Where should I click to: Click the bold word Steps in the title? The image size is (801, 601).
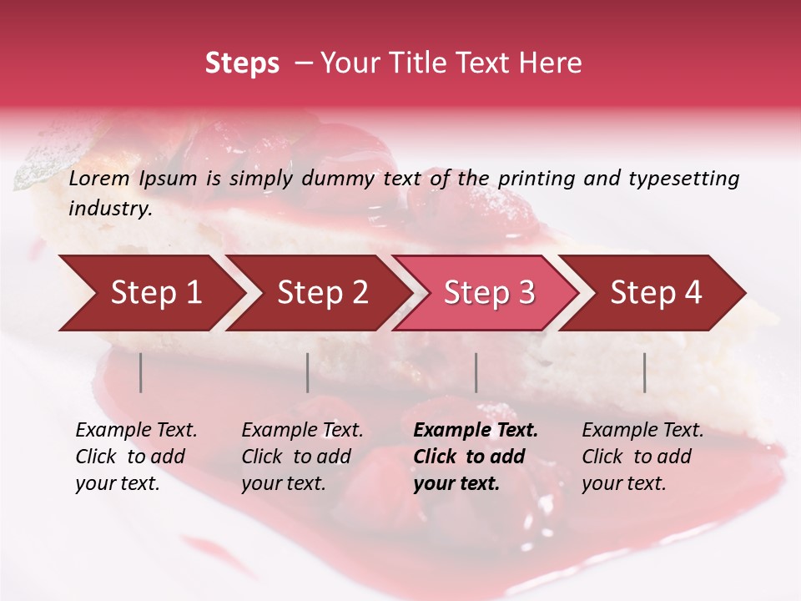242,63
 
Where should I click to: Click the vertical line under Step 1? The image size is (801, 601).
141,372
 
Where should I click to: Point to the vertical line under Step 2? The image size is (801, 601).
308,372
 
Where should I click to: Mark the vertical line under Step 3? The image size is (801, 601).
476,372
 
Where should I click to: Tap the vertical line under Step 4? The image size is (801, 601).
645,372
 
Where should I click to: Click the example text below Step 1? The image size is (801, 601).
136,457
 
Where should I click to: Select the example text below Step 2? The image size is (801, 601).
302,457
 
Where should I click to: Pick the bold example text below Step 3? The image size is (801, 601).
476,457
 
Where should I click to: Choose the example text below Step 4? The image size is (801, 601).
642,457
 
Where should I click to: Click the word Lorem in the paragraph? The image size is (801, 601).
99,179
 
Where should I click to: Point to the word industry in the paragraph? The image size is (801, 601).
110,209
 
